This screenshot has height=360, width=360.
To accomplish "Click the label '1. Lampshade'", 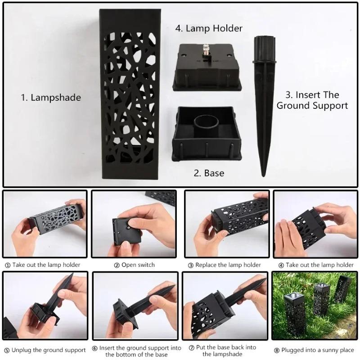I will tap(51, 97).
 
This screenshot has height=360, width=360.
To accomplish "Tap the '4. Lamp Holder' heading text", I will tap(209, 28).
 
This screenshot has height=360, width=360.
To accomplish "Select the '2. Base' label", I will tap(209, 173).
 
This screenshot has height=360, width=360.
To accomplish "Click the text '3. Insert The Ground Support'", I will tap(312, 100).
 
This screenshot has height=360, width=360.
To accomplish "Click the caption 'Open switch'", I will tap(138, 265).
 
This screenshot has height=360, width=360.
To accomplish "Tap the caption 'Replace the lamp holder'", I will tap(228, 265).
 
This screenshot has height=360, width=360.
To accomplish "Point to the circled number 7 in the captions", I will tap(185, 347).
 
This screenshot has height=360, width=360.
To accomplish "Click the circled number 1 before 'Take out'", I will tap(7, 265).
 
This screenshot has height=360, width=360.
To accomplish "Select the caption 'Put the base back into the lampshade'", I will tap(227, 351).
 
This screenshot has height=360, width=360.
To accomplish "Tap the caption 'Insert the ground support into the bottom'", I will tap(139, 351).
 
